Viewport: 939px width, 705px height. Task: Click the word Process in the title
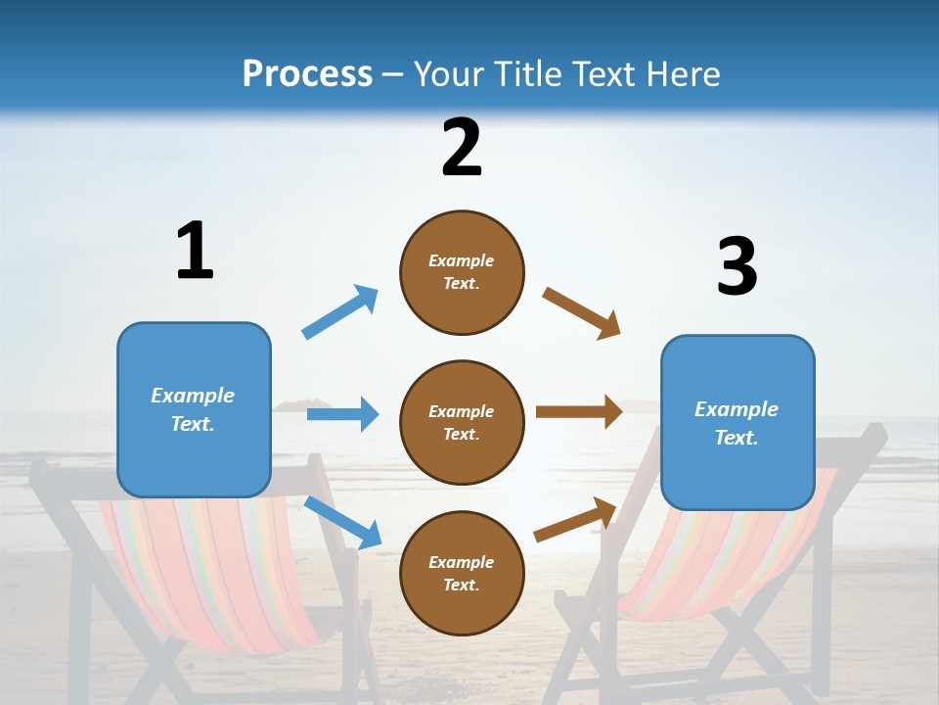(x=307, y=74)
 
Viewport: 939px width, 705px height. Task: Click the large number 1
(x=195, y=251)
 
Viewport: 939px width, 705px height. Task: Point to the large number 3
(x=737, y=266)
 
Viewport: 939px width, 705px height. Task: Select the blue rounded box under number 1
(x=194, y=409)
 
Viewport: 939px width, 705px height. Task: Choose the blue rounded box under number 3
(x=738, y=422)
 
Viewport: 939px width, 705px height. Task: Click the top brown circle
(x=462, y=272)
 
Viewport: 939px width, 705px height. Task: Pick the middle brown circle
(x=462, y=423)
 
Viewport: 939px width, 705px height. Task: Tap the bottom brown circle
(x=462, y=573)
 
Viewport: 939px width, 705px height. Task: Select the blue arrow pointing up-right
(x=339, y=312)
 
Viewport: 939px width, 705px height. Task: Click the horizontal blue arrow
(x=342, y=414)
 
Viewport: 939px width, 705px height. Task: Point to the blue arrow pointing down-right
(x=342, y=522)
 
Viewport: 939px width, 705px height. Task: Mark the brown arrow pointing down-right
(x=582, y=313)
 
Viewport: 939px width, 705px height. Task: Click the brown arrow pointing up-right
(x=575, y=519)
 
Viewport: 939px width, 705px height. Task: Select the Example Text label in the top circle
(x=462, y=272)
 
